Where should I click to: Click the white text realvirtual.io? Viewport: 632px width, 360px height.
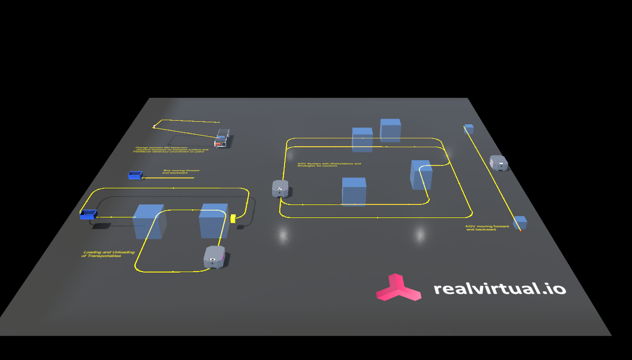[499, 288]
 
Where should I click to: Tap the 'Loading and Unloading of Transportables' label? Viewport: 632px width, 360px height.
[108, 254]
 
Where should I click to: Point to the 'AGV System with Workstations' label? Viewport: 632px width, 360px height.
[329, 164]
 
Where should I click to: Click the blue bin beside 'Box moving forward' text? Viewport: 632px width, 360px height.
[135, 175]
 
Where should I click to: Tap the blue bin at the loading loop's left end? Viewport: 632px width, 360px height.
[88, 214]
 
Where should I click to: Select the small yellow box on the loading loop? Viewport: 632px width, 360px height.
[234, 218]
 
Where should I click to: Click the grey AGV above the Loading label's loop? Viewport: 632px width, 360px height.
[214, 257]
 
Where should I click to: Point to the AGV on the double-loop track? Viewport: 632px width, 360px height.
[280, 188]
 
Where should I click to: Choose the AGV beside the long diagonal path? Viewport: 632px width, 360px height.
[498, 163]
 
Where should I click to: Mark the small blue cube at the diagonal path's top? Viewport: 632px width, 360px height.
[469, 128]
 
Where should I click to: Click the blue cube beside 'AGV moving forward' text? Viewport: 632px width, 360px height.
[520, 223]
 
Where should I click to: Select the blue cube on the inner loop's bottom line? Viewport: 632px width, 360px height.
[354, 191]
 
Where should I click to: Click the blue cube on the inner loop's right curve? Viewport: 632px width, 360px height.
[421, 174]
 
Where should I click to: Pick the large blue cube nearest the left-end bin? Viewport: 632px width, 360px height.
[149, 222]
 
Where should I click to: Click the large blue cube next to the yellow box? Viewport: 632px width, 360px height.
[213, 220]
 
